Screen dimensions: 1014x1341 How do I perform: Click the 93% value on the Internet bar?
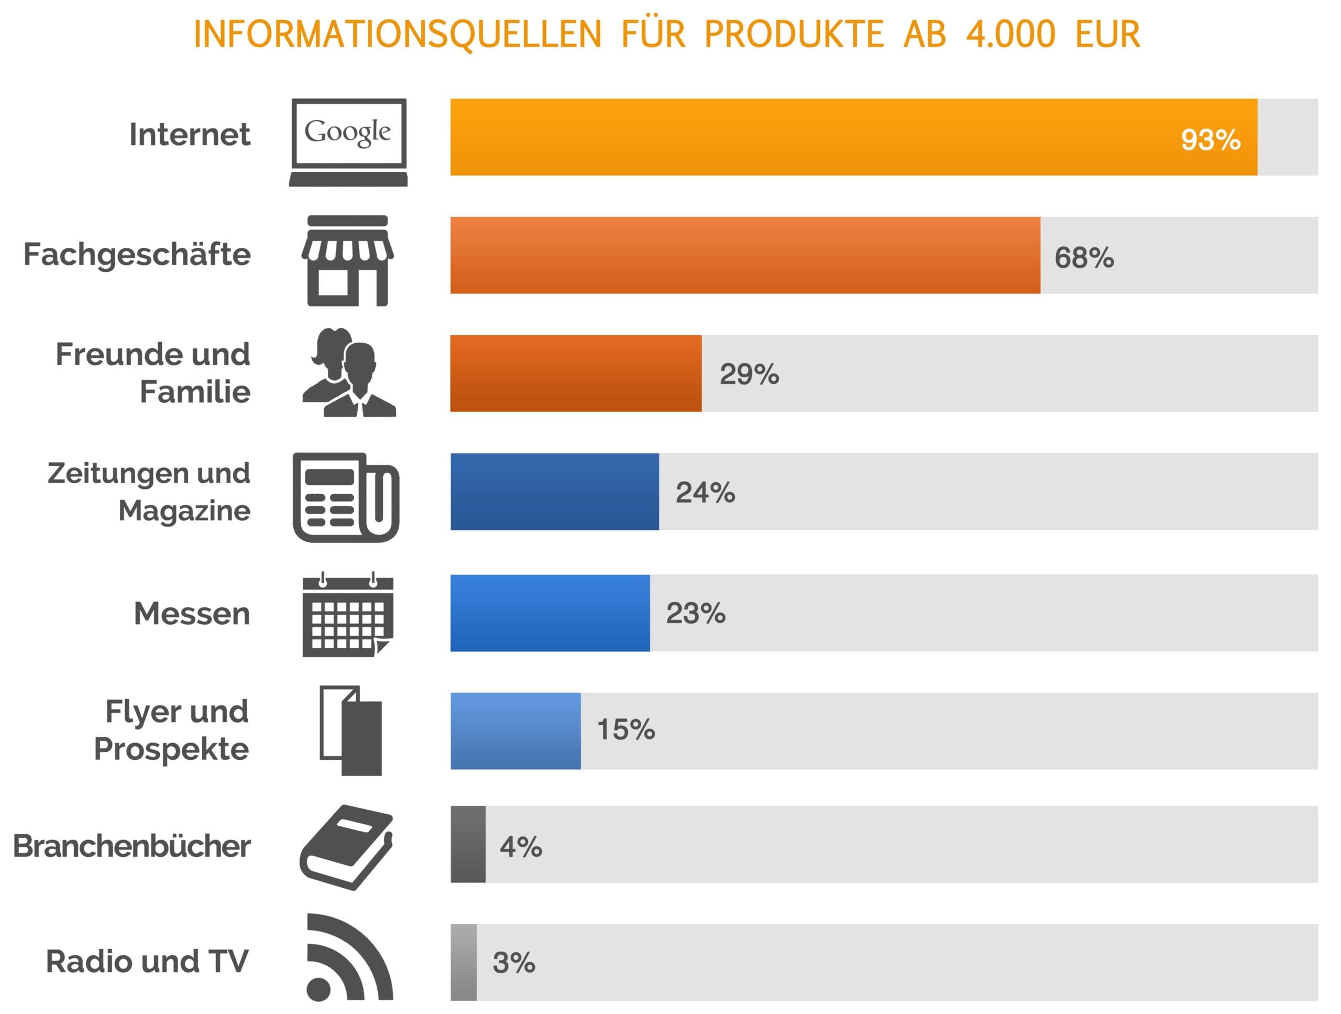[x=1210, y=140]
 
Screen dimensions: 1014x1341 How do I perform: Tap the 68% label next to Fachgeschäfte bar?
[x=1084, y=258]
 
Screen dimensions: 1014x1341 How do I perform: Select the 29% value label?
[x=749, y=374]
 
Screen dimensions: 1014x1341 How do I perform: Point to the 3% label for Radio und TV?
[x=513, y=963]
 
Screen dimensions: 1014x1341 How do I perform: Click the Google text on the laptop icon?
[x=347, y=132]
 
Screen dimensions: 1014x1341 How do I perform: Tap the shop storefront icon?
[x=347, y=261]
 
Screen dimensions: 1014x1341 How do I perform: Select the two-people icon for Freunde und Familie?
[x=348, y=373]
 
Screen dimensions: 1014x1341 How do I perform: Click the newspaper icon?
[x=346, y=497]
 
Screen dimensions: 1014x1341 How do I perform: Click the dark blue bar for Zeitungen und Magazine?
[x=554, y=491]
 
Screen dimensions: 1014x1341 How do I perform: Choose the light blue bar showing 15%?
[x=515, y=731]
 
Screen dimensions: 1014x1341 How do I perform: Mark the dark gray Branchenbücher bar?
[x=468, y=844]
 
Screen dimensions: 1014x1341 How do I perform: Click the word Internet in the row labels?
[x=189, y=135]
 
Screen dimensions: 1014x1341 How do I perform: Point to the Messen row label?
[x=192, y=614]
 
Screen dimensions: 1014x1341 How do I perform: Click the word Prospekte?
[x=171, y=749]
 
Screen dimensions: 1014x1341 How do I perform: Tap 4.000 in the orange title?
[x=1010, y=34]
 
